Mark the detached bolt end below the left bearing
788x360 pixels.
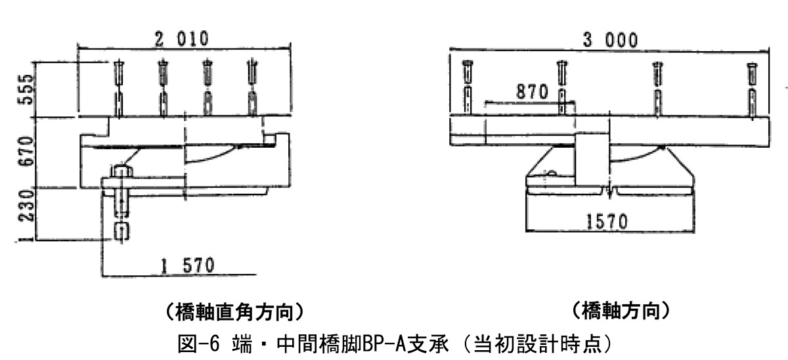click(x=120, y=231)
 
